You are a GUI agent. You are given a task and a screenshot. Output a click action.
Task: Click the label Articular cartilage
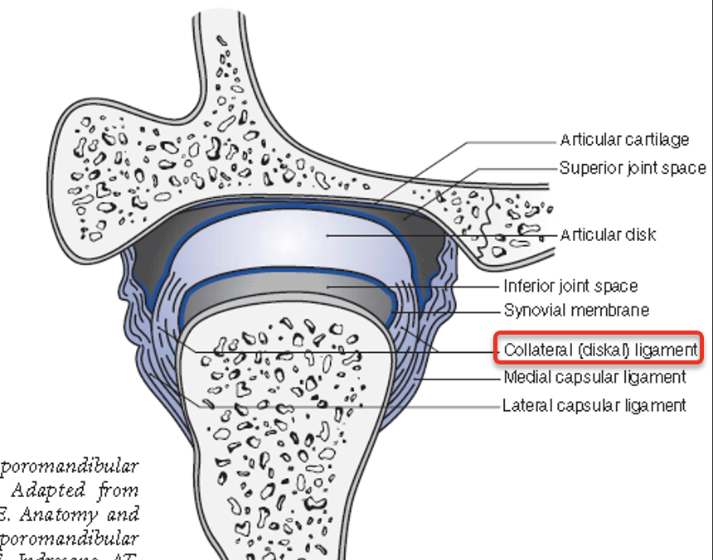pos(624,140)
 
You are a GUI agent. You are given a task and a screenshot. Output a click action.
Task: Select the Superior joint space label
pos(633,168)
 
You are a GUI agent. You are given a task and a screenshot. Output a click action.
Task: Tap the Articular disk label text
pos(608,235)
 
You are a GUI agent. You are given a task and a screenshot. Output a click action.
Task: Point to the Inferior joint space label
pos(570,287)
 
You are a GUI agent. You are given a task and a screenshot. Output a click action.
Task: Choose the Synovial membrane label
pos(576,311)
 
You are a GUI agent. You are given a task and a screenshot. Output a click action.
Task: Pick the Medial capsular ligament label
pos(594,378)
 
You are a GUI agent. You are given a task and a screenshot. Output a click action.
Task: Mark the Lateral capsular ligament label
pos(594,405)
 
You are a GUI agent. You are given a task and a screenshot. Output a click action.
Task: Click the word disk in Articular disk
pos(639,235)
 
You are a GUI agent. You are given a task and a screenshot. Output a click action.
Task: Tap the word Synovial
pos(534,311)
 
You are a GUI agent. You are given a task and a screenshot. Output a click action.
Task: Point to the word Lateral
pos(526,405)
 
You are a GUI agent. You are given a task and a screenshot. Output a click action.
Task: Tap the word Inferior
pos(529,287)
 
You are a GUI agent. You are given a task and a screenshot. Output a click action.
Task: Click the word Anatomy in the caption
pos(55,513)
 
